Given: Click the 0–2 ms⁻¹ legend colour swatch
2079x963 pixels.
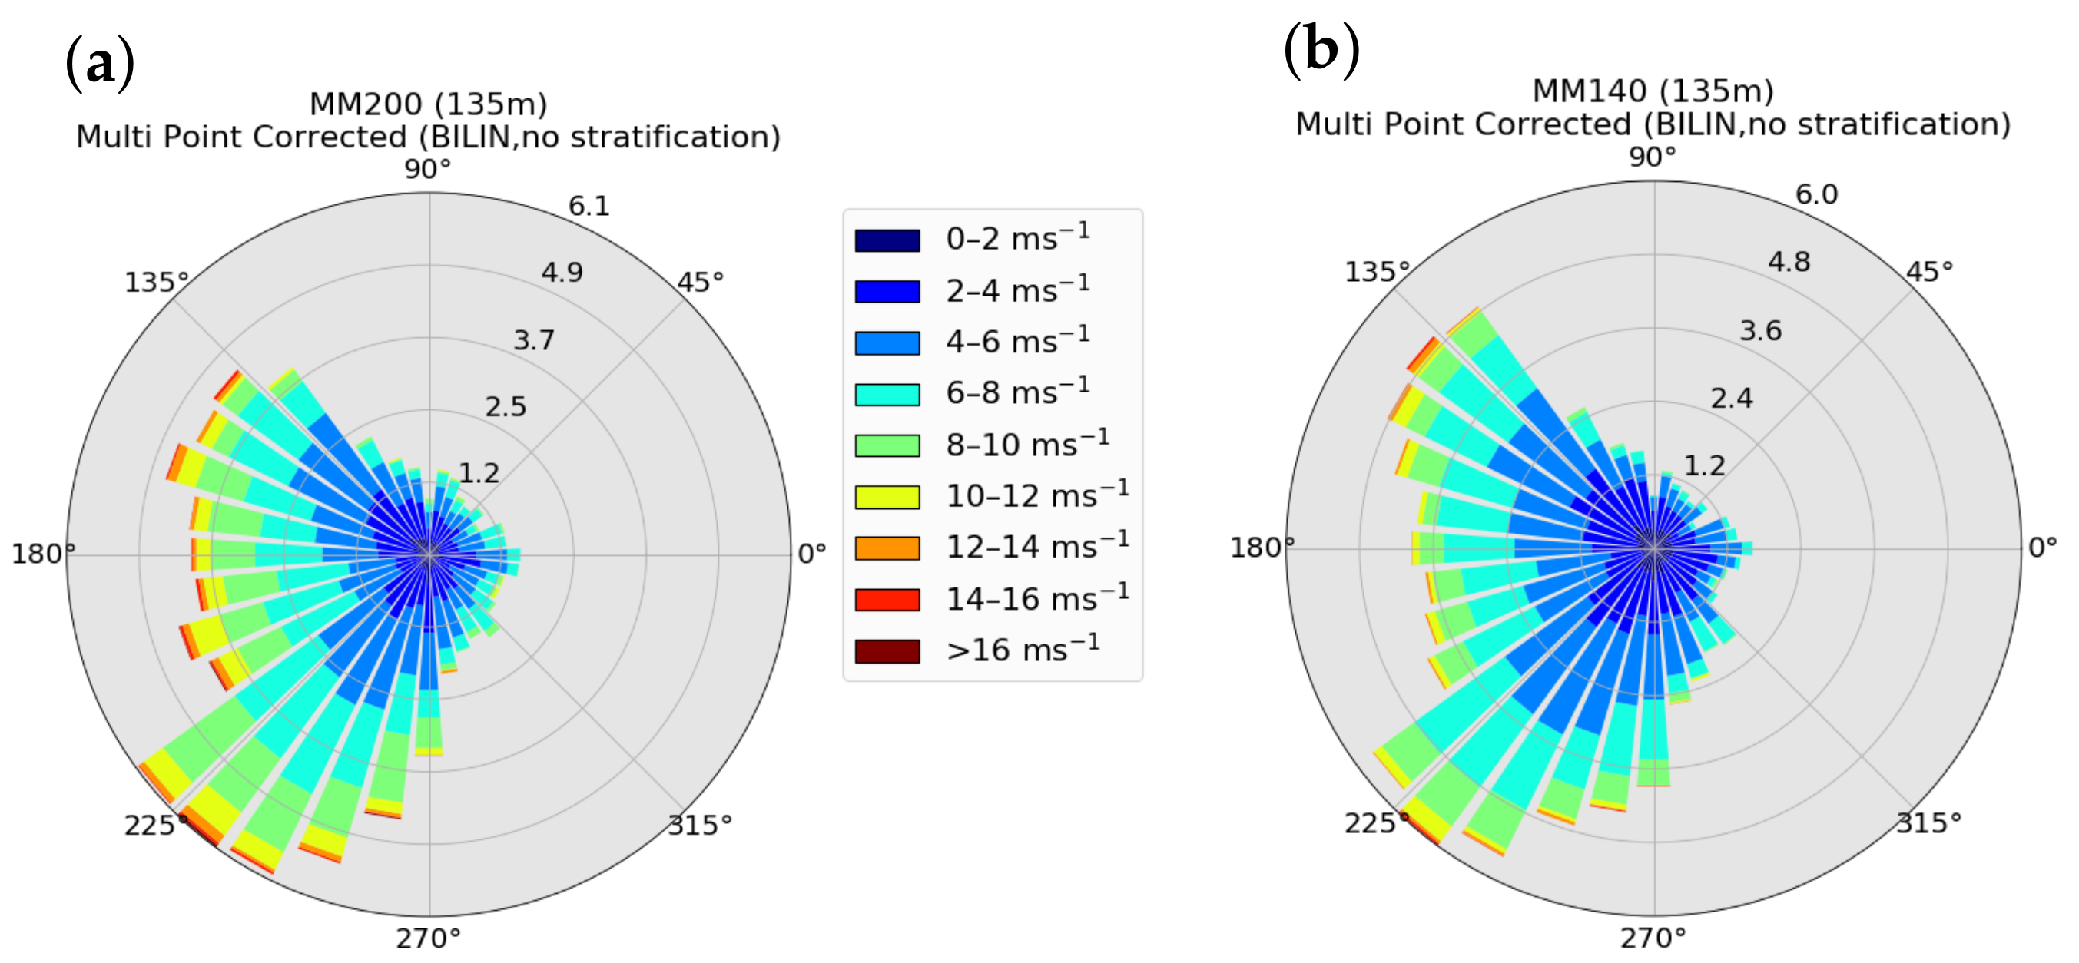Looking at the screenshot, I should (887, 240).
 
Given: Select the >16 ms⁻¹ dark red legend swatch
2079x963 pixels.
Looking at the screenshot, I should (887, 651).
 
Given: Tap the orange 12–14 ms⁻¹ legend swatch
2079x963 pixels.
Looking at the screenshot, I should (887, 548).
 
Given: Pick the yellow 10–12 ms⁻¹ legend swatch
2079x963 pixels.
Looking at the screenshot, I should (887, 497).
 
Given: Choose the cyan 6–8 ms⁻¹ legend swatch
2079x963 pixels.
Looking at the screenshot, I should (887, 395).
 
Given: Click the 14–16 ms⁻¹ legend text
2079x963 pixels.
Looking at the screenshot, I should (1036, 598).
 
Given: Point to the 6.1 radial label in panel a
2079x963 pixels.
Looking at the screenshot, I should (589, 207).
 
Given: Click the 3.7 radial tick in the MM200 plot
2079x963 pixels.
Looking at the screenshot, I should (534, 340).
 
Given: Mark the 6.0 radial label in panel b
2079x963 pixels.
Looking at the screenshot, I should (1816, 194).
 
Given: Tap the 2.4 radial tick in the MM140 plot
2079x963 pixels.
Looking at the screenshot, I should (1731, 399).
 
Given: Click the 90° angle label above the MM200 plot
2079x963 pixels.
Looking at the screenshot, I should (428, 170).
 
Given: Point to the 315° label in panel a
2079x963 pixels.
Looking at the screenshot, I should (700, 825).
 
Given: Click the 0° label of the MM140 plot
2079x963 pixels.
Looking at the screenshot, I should (2043, 548).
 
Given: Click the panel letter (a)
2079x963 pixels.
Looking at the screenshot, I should (99, 63).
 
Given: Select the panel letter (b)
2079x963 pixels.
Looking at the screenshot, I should (1321, 50).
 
